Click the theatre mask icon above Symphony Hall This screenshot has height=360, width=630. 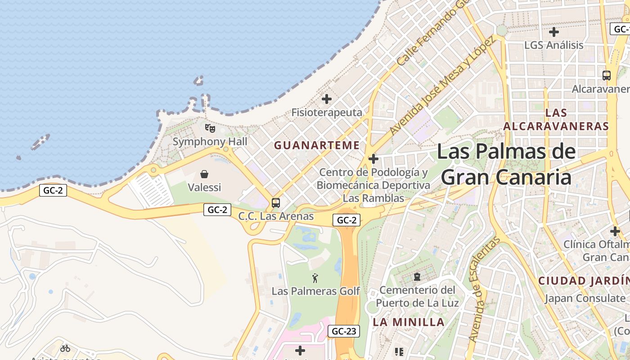(x=210, y=128)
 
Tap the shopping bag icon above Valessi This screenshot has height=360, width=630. (x=204, y=174)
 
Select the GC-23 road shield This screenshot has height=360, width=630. (x=344, y=332)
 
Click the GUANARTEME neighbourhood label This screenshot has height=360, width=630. (x=317, y=145)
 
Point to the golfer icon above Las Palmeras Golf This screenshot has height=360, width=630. (x=315, y=278)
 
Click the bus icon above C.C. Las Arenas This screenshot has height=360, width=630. (x=276, y=203)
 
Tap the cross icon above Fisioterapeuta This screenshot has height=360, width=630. (x=327, y=99)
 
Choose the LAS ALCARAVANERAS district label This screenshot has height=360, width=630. (x=556, y=119)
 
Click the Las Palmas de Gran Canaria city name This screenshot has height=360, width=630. (x=506, y=164)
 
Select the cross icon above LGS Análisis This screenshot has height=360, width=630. (x=554, y=32)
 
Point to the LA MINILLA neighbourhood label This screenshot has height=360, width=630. (x=409, y=322)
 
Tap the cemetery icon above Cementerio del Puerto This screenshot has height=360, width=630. (x=417, y=276)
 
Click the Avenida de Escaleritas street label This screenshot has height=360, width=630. (x=484, y=289)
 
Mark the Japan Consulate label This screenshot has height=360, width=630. (x=585, y=298)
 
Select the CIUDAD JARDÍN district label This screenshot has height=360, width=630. (x=584, y=281)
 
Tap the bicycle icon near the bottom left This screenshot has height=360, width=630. (x=65, y=348)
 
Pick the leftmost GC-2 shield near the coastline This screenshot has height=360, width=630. (x=53, y=190)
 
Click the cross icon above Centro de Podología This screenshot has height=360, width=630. (x=373, y=159)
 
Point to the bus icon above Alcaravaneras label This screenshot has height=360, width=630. (x=606, y=75)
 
